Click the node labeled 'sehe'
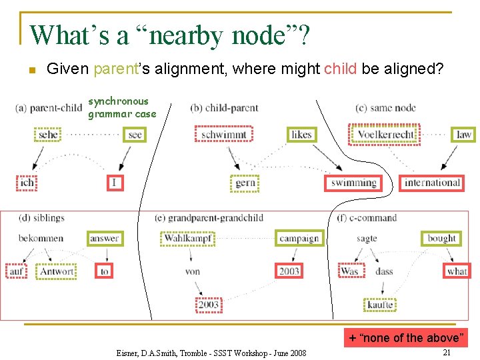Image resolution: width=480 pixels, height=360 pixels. (48, 135)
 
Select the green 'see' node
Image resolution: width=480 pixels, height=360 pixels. (135, 135)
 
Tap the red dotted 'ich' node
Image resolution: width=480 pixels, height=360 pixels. (27, 183)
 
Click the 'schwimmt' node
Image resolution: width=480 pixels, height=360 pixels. (224, 135)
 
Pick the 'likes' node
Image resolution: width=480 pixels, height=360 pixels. (301, 135)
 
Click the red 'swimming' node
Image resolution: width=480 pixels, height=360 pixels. (353, 183)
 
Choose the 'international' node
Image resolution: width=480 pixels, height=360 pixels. (432, 183)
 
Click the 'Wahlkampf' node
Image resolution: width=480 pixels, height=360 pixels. (187, 239)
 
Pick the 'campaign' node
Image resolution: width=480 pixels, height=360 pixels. (299, 239)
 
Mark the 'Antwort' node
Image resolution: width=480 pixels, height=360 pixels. (57, 271)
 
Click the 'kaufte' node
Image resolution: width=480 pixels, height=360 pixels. (380, 305)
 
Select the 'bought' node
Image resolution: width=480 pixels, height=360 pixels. (441, 238)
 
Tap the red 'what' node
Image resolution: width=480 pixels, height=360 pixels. (457, 271)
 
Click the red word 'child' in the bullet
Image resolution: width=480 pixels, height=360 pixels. (340, 69)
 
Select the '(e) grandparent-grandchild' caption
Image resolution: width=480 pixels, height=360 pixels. (209, 218)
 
